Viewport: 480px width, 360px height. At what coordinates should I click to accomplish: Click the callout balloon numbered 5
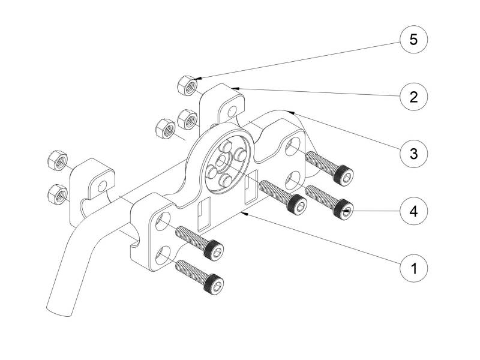(413, 40)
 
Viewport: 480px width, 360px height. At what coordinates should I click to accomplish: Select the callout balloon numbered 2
(413, 97)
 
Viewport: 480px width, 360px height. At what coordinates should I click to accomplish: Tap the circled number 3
(413, 154)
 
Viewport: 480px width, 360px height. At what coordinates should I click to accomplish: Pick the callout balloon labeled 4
(413, 211)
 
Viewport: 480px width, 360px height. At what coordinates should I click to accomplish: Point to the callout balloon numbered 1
(413, 268)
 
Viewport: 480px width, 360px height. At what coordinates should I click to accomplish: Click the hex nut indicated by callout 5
(187, 85)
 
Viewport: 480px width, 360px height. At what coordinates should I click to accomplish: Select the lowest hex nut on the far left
(58, 194)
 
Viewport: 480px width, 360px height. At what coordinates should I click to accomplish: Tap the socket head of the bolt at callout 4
(343, 209)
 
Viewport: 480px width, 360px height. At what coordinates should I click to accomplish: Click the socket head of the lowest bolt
(214, 284)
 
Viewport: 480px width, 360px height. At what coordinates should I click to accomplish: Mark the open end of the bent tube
(59, 311)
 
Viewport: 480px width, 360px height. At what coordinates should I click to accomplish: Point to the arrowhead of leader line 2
(235, 88)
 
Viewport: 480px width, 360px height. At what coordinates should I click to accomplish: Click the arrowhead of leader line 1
(244, 213)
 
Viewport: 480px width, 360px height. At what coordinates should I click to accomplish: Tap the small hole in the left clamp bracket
(102, 185)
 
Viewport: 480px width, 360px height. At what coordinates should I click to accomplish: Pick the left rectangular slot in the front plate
(205, 214)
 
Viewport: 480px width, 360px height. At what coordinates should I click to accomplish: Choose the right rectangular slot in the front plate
(251, 187)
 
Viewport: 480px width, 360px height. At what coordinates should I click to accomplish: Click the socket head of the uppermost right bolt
(343, 175)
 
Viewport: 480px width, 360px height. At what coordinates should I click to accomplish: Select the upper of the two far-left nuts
(58, 160)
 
